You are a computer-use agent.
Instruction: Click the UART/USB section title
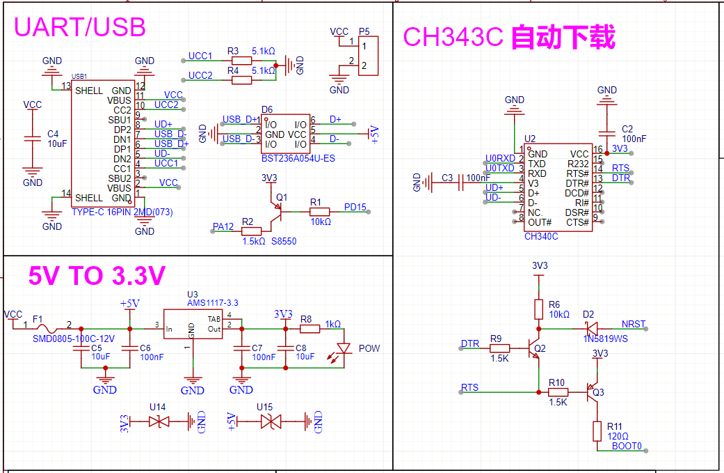80,27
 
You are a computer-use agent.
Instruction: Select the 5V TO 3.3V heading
97,277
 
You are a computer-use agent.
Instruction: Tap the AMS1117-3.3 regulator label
213,303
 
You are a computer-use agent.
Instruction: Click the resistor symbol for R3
241,62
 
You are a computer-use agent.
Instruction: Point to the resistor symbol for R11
597,431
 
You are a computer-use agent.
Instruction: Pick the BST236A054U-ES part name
298,159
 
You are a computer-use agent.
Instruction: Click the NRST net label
633,325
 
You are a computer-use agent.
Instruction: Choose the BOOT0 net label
627,446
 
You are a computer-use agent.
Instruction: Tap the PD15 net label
355,208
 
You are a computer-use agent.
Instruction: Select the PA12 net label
223,226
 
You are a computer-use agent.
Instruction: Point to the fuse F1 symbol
47,328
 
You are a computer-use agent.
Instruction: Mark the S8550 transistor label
284,241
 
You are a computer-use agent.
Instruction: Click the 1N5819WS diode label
604,338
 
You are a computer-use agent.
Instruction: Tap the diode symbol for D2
590,327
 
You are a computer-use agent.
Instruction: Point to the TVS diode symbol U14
161,421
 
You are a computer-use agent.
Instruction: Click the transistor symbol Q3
591,393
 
